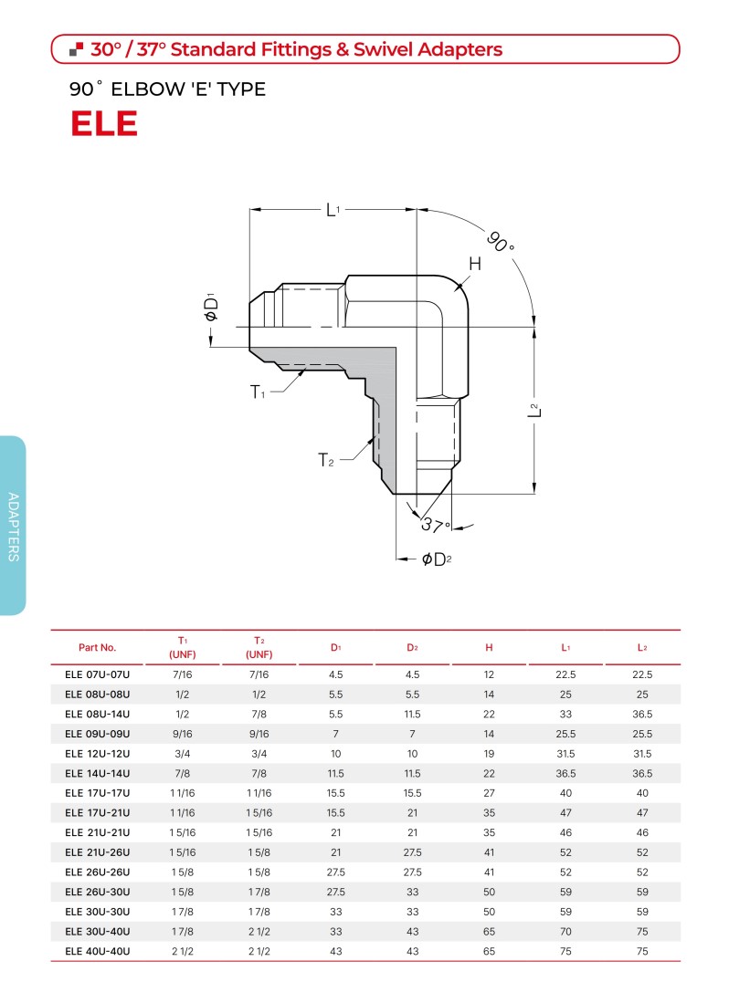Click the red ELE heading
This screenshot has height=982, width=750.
104,123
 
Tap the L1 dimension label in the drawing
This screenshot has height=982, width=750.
333,210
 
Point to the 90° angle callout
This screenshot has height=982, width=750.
501,242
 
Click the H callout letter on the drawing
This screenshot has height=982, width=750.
475,264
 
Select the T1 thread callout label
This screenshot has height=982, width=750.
258,392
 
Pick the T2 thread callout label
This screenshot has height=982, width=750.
326,460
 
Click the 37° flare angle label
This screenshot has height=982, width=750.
435,525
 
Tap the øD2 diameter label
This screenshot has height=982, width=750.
437,559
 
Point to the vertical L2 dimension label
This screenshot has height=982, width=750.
533,410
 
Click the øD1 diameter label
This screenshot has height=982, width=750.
211,307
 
